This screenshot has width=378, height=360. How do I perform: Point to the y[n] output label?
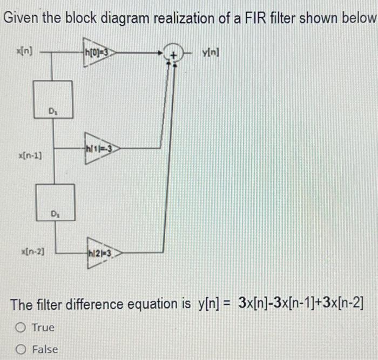(x=211, y=52)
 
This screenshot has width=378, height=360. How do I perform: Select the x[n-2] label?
(x=33, y=252)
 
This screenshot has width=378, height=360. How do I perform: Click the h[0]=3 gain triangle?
(x=99, y=52)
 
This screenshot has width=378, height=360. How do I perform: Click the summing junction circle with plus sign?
(x=173, y=53)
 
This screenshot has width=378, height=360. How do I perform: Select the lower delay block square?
(x=55, y=202)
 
